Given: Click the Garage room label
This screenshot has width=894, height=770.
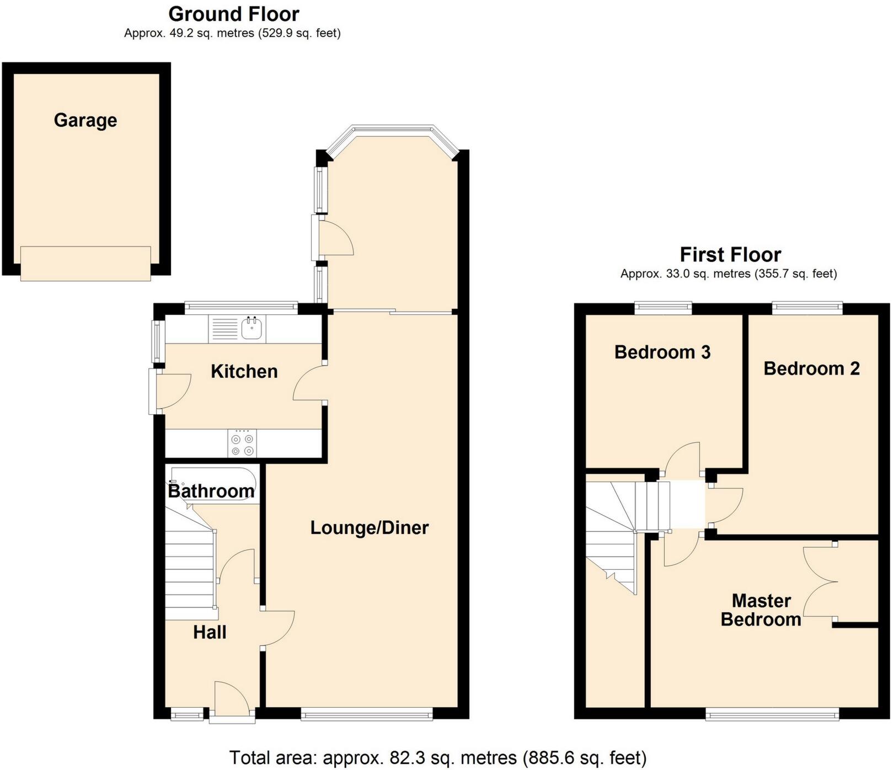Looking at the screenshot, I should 85,120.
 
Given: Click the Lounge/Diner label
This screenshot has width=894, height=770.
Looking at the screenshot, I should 369,528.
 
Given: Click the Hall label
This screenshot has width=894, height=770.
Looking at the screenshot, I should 210,632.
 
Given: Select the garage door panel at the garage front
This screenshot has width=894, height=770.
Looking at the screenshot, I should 85,264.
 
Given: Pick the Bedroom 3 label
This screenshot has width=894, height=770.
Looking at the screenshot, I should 662,352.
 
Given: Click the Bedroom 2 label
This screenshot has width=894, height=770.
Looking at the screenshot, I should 811,368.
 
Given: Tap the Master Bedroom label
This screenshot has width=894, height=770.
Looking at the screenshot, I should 761,610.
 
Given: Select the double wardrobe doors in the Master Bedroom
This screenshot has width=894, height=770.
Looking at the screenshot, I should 820,581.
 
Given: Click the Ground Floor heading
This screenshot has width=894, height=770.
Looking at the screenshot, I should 234,14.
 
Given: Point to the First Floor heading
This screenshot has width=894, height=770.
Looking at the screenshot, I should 730,255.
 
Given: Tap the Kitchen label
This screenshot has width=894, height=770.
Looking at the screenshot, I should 244,371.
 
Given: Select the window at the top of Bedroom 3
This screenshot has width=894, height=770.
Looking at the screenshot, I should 663,308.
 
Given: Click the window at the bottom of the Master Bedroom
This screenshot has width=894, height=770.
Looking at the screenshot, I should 772,715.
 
